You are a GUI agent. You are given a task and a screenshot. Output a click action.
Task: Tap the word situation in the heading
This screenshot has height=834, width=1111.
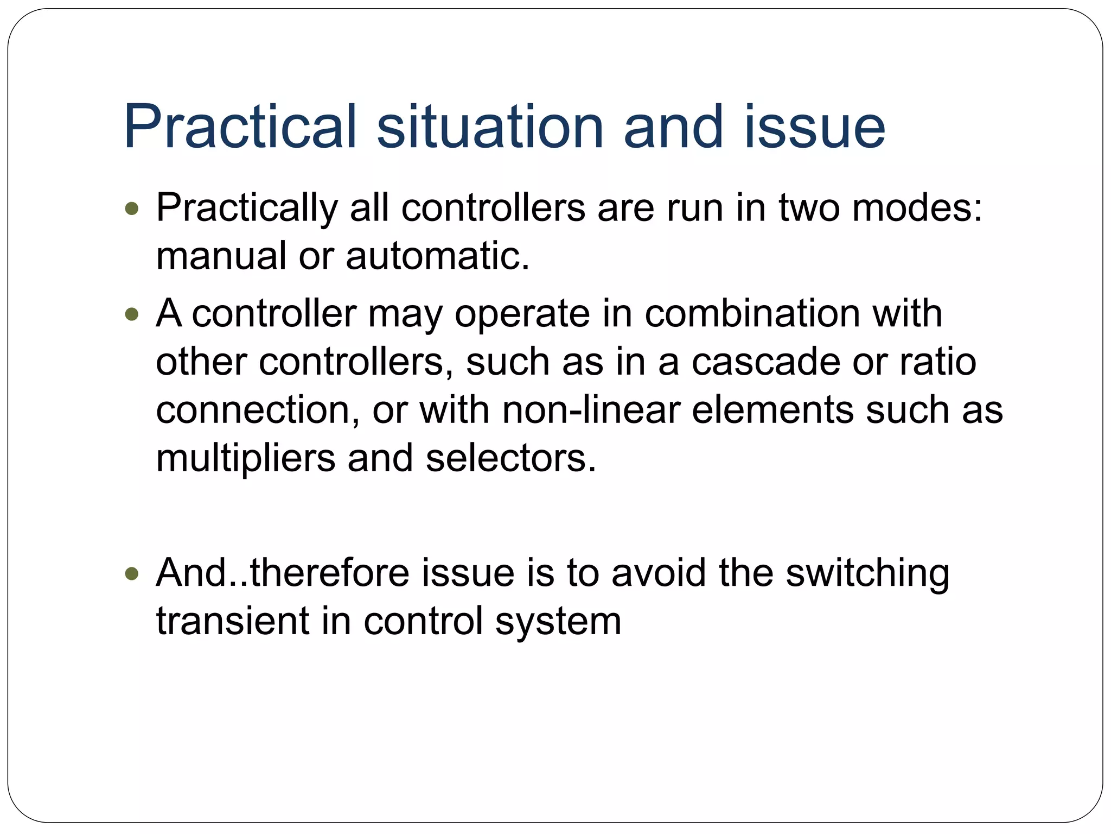pos(490,127)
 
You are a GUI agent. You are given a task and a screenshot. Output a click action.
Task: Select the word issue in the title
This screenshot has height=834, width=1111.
pos(815,127)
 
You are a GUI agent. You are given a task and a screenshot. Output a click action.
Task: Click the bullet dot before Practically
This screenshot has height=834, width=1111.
pos(132,208)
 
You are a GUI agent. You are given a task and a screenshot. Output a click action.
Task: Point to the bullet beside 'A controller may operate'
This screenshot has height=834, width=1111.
pos(132,314)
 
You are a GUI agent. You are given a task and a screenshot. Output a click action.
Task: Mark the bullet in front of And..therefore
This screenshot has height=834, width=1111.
pos(132,573)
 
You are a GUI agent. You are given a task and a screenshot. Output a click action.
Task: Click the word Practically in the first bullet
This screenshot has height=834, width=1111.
pos(247,208)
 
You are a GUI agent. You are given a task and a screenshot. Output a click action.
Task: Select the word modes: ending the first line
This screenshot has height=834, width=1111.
pos(917,208)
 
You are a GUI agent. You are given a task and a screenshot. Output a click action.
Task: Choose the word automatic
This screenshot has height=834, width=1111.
pos(437,256)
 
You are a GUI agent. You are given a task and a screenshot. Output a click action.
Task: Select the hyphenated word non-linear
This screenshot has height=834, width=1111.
pos(591,410)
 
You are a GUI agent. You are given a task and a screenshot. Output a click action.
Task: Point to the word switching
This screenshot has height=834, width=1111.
pos(867,574)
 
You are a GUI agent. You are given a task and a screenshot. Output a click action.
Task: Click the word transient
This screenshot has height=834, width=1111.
pos(233,621)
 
